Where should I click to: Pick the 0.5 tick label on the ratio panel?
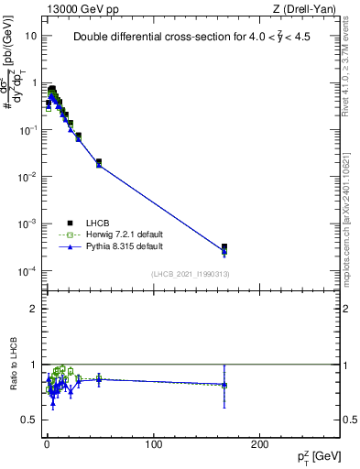(29, 420)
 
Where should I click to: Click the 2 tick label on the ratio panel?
(34, 309)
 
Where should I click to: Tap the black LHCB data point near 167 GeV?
(224, 247)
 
